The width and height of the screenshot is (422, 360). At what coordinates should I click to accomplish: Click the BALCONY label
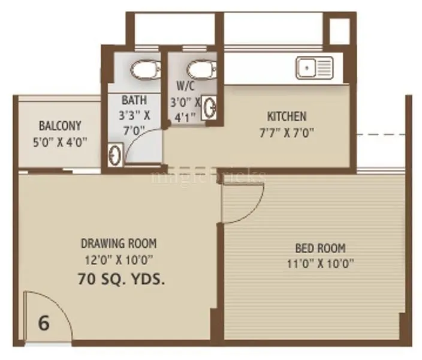click(59, 126)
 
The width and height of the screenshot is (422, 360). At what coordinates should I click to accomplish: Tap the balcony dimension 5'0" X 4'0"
click(59, 142)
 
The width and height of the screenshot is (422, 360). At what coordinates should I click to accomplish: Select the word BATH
click(133, 100)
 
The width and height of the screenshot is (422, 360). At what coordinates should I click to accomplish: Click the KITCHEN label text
click(287, 116)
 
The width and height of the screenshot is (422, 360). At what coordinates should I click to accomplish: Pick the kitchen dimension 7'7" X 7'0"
click(287, 132)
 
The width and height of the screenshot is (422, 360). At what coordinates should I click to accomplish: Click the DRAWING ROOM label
click(119, 244)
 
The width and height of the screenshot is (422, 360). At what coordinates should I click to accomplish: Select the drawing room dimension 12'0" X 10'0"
click(119, 260)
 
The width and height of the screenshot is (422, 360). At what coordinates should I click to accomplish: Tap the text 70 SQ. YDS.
click(121, 278)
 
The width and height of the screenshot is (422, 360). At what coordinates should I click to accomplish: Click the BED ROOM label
click(320, 247)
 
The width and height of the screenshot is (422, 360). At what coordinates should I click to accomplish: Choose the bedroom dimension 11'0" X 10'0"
click(320, 263)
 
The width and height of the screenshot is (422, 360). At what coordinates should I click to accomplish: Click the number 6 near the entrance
click(43, 323)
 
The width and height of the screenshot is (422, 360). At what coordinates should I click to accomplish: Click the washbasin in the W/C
click(210, 109)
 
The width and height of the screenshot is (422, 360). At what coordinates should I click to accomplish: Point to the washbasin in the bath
click(115, 155)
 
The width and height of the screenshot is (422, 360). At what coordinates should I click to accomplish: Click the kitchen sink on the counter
click(314, 67)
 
